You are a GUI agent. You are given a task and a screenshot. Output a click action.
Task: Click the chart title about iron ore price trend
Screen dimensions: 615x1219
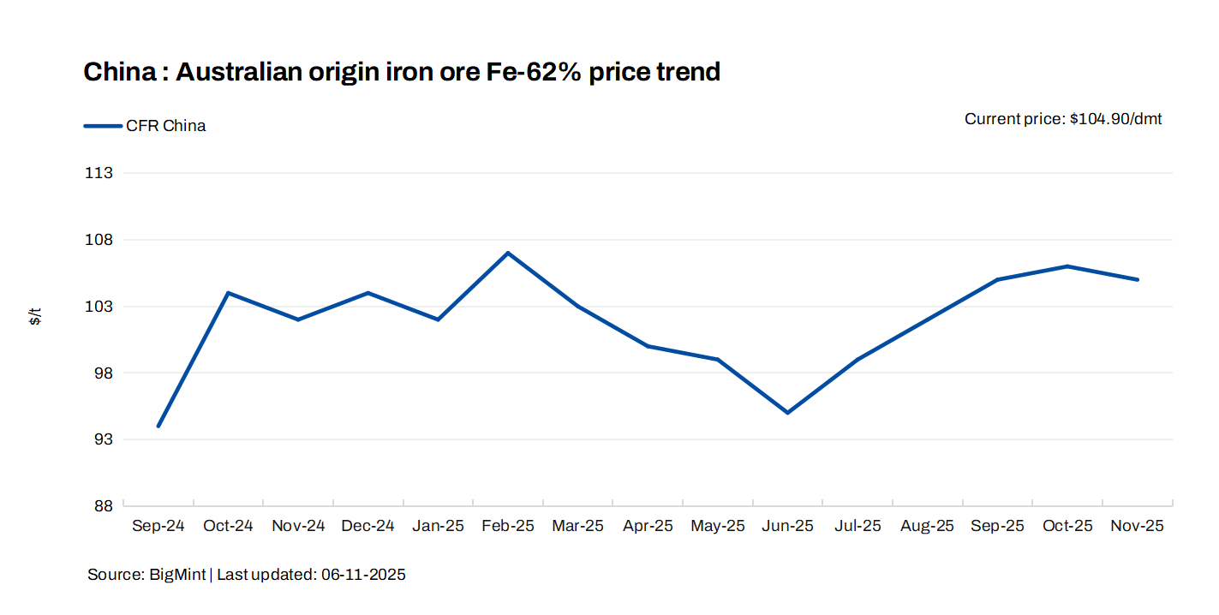(x=401, y=72)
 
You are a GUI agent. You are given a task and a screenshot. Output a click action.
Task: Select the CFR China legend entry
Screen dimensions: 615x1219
(x=165, y=126)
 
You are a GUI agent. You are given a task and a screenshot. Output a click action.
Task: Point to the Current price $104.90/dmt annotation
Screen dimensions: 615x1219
(x=1062, y=119)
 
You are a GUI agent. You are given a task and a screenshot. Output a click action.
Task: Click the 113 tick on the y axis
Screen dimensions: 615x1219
(x=100, y=173)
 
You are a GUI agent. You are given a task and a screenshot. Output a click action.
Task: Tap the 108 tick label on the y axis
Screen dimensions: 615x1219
(x=100, y=240)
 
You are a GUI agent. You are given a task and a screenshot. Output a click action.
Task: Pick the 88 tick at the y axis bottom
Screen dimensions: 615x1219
(x=103, y=506)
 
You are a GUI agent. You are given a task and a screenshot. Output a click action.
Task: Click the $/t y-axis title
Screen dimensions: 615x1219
(x=35, y=316)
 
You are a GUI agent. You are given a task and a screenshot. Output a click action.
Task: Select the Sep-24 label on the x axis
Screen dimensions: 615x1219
(x=158, y=526)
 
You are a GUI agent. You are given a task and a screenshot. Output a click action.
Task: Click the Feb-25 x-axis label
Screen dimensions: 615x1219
(x=508, y=526)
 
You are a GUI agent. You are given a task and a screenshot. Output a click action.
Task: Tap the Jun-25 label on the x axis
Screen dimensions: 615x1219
(x=788, y=526)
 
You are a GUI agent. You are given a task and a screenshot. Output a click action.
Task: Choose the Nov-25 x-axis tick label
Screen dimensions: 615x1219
(x=1138, y=526)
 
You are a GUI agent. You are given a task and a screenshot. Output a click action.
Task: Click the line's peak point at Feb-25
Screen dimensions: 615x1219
(x=508, y=253)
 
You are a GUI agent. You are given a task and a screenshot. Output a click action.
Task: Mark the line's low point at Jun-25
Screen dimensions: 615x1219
(x=788, y=413)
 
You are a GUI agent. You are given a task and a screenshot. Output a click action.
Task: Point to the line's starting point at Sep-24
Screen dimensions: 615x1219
(x=158, y=426)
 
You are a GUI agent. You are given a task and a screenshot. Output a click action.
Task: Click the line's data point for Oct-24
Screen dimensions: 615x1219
(x=228, y=293)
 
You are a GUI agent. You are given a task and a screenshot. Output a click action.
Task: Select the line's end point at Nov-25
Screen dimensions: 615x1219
(x=1138, y=279)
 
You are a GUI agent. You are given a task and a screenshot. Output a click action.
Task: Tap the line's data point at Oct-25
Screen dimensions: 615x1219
(x=1067, y=266)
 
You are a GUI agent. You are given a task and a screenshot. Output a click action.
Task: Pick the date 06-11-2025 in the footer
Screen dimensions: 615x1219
(x=363, y=575)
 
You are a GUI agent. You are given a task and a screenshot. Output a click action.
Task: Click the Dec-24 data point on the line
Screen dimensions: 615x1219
(x=368, y=293)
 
